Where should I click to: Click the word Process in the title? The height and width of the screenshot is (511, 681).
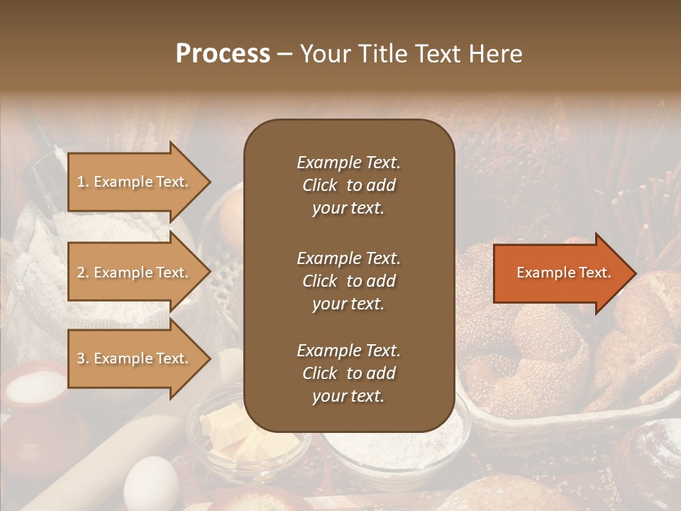(223, 54)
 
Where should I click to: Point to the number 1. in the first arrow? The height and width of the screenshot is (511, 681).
(83, 182)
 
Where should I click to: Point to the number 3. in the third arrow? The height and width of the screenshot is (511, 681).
(83, 359)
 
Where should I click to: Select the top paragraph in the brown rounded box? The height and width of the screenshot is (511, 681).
(348, 185)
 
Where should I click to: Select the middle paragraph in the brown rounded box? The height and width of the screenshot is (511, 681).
(348, 281)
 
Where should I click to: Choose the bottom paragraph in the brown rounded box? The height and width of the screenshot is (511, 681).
(348, 373)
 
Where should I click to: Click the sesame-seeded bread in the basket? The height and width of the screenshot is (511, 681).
(539, 341)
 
